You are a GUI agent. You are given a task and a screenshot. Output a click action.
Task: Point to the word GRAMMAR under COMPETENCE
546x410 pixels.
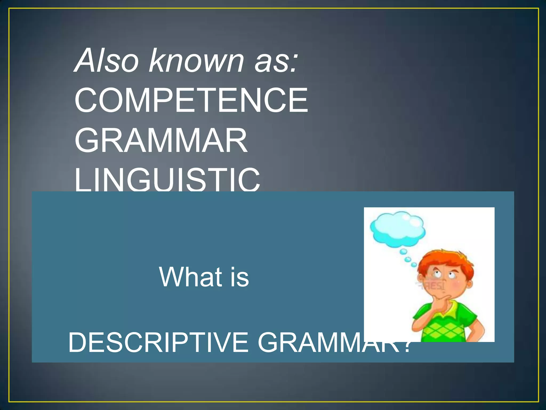click(161, 140)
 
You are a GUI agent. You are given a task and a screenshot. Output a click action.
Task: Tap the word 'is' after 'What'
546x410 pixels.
click(240, 278)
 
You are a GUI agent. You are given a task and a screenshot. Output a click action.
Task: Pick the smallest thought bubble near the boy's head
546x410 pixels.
click(414, 265)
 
